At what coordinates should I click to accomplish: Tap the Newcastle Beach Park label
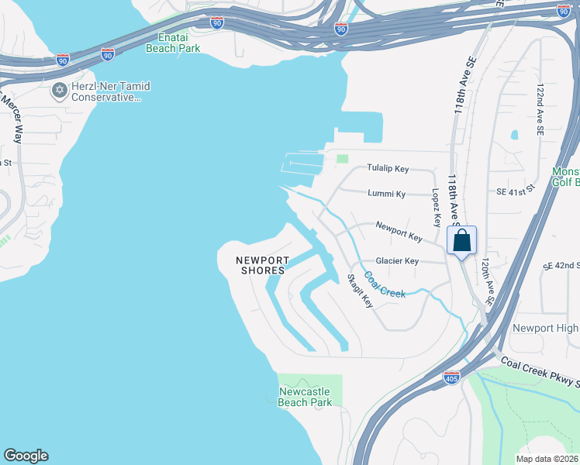306,397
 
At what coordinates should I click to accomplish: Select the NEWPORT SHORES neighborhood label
263,265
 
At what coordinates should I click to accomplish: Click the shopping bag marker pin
461,240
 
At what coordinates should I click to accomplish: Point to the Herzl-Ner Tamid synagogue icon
59,91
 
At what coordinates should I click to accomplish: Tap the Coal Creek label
385,288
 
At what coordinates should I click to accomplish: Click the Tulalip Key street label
388,168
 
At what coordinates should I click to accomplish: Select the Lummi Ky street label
388,194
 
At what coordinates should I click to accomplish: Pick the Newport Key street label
399,231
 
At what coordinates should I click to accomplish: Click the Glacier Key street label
397,261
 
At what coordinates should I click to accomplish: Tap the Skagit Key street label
361,291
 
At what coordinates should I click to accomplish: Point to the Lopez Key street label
436,207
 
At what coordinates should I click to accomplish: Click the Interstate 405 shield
452,377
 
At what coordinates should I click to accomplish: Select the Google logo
26,456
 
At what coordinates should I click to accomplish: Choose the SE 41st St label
515,190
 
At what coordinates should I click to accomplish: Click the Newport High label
545,329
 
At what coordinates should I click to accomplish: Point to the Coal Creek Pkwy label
540,372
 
